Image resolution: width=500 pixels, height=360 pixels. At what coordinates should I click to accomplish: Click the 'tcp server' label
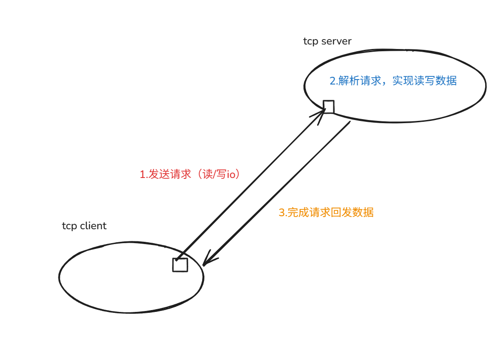327,41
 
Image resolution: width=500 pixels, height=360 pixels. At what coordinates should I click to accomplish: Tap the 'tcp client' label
84,226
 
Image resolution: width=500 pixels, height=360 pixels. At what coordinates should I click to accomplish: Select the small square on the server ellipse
329,107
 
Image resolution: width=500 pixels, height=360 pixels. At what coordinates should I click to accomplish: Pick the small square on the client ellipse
180,265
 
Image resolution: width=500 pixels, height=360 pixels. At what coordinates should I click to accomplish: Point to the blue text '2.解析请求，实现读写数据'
393,81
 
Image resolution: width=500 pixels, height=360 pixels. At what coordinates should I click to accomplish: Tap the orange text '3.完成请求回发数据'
326,213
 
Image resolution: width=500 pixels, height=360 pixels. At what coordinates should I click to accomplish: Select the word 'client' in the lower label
93,226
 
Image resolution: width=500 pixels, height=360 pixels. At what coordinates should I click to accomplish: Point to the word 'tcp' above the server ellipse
310,41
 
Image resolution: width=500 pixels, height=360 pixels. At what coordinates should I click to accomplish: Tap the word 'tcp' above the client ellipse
69,226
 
